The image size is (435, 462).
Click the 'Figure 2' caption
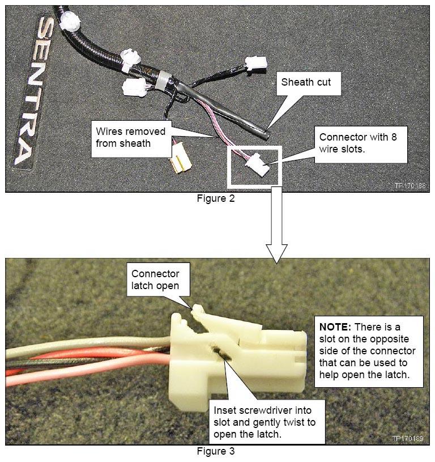pyautogui.click(x=216, y=198)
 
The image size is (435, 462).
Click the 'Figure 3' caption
pyautogui.click(x=216, y=451)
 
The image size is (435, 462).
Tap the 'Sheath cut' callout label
pyautogui.click(x=306, y=82)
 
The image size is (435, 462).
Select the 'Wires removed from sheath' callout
pyautogui.click(x=131, y=137)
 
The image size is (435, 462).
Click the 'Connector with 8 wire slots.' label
pyautogui.click(x=358, y=143)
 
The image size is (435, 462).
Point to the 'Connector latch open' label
pyautogui.click(x=155, y=279)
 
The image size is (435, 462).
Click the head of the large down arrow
pyautogui.click(x=276, y=253)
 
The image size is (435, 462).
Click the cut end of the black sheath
pyautogui.click(x=266, y=134)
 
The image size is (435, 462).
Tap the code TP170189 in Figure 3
pyautogui.click(x=408, y=438)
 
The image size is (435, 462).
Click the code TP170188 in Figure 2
pyautogui.click(x=410, y=185)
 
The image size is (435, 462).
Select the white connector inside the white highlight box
pyautogui.click(x=258, y=165)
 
